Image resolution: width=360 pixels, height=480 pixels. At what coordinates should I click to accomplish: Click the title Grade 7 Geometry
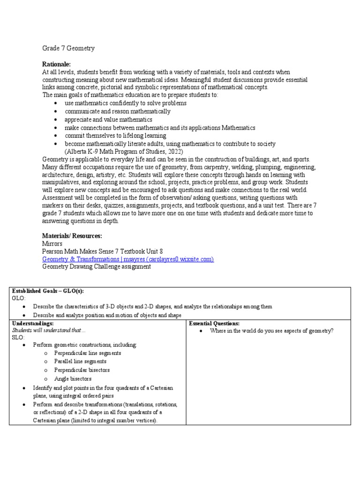(68, 48)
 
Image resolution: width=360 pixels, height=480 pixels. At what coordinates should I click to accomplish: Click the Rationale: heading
(56, 64)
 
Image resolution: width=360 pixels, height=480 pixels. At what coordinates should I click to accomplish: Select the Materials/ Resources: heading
(72, 236)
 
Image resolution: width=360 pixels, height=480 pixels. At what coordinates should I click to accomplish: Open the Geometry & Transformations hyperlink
(128, 259)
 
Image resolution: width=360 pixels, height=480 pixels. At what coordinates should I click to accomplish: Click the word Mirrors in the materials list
(52, 244)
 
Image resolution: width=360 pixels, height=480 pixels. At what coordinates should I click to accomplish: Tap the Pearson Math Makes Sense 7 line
(102, 251)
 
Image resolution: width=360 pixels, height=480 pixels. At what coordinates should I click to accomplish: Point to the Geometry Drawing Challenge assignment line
(97, 266)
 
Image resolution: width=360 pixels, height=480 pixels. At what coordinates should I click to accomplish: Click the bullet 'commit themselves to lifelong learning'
(115, 135)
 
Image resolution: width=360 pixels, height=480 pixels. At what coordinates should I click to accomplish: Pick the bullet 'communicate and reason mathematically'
(118, 112)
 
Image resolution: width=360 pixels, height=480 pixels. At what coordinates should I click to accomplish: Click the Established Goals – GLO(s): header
(48, 291)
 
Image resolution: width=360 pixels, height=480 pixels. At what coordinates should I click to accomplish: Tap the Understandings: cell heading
(32, 323)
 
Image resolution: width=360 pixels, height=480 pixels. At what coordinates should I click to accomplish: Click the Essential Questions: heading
(214, 323)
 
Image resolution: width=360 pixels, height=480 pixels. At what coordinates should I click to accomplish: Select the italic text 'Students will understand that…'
(49, 330)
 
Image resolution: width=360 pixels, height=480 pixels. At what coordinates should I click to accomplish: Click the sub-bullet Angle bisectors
(73, 378)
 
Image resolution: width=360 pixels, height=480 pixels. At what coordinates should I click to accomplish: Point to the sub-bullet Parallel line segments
(80, 361)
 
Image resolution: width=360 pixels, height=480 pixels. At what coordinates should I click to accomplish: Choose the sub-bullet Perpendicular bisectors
(82, 370)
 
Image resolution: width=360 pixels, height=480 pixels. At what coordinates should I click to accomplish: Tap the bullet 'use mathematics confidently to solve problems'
(126, 103)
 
